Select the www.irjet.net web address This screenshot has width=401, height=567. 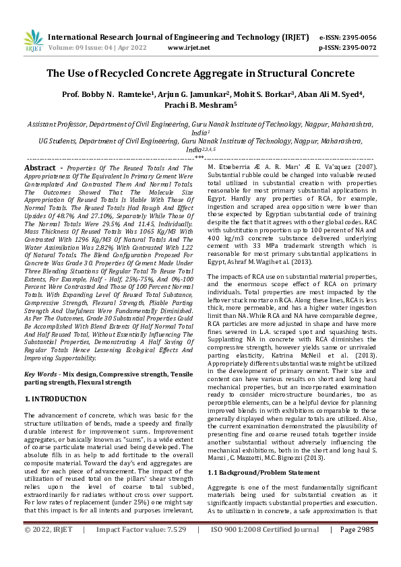tap(189, 48)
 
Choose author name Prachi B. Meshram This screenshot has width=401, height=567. tap(199, 105)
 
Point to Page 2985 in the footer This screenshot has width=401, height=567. tap(357, 548)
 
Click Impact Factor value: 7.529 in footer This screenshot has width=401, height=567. tap(141, 548)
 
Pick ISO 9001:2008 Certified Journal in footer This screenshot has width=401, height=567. tap(265, 548)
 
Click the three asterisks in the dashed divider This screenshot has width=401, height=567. tap(199, 156)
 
